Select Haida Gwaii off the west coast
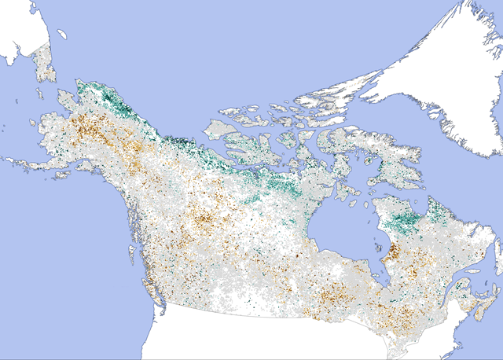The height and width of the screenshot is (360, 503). coord(130,251)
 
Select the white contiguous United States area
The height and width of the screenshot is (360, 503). coord(275,338)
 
